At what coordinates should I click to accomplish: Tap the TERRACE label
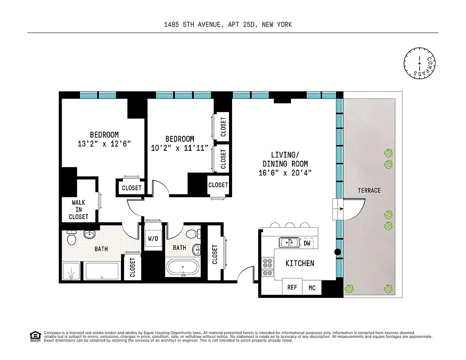point(369,190)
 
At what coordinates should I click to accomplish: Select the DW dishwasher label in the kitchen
point(307,243)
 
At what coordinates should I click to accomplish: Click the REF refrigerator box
point(292,287)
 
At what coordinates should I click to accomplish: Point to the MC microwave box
point(312,288)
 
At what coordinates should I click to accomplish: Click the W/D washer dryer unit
point(153,238)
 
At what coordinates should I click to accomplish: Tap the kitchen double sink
point(288,243)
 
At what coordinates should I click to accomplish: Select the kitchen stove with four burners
point(268,266)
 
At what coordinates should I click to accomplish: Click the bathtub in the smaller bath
point(184,267)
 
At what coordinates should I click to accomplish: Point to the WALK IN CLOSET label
point(79,210)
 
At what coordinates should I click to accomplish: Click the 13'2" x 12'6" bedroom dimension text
point(104,144)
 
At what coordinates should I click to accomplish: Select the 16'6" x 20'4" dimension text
point(285,172)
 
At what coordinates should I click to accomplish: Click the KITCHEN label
point(300,263)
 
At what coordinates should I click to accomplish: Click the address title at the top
point(228,25)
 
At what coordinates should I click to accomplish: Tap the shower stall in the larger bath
point(72,272)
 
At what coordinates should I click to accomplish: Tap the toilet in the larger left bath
point(72,237)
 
